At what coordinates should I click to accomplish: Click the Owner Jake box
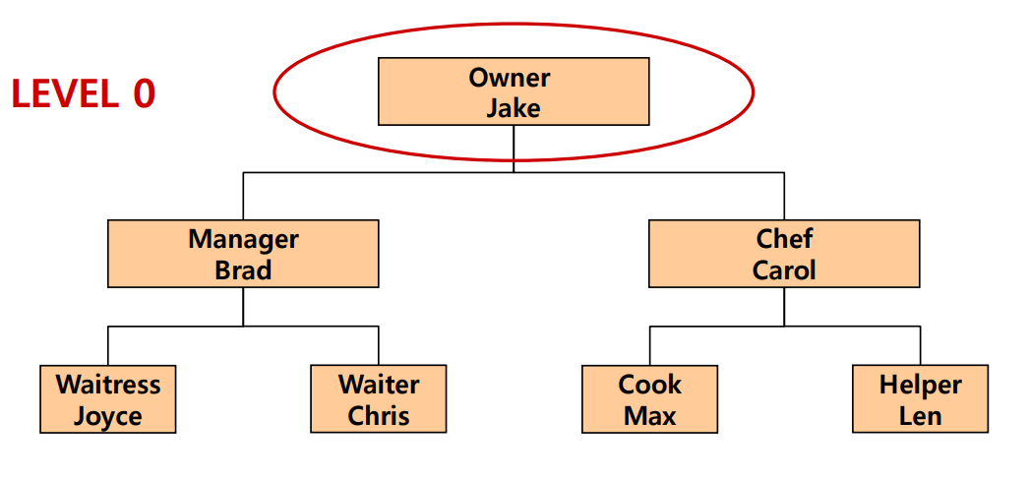pyautogui.click(x=513, y=91)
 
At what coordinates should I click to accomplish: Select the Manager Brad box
pyautogui.click(x=243, y=254)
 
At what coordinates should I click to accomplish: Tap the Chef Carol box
pyautogui.click(x=784, y=254)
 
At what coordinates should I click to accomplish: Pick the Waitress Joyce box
pyautogui.click(x=108, y=399)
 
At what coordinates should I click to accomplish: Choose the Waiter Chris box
pyautogui.click(x=379, y=399)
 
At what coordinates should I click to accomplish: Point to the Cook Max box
pyautogui.click(x=649, y=399)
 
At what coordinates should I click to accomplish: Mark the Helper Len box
pyautogui.click(x=920, y=399)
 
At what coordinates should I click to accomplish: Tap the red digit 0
pyautogui.click(x=144, y=94)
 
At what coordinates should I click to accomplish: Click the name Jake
pyautogui.click(x=513, y=107)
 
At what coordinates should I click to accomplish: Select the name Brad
pyautogui.click(x=243, y=270)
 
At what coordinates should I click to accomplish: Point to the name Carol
pyautogui.click(x=784, y=270)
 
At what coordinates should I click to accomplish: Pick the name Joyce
pyautogui.click(x=108, y=416)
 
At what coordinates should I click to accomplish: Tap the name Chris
pyautogui.click(x=379, y=416)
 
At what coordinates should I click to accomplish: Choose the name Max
pyautogui.click(x=649, y=416)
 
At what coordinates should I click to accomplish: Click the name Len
pyautogui.click(x=920, y=416)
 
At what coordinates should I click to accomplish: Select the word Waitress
pyautogui.click(x=108, y=384)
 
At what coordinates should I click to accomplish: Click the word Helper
pyautogui.click(x=920, y=384)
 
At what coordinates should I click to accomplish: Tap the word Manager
pyautogui.click(x=243, y=238)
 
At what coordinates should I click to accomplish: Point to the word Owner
pyautogui.click(x=513, y=77)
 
